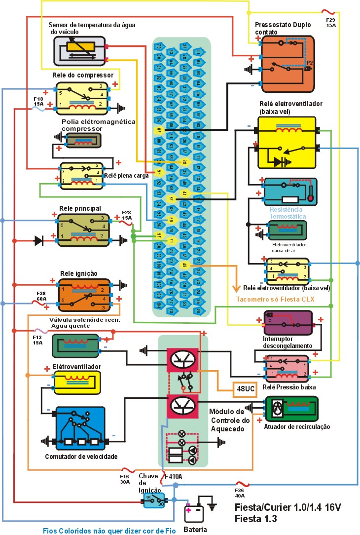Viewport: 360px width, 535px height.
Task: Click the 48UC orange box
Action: coord(246,389)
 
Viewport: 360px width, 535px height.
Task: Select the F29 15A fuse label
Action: coord(331,22)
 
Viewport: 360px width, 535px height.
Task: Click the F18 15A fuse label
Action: coord(38,102)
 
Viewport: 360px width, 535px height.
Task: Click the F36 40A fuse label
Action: coord(240,494)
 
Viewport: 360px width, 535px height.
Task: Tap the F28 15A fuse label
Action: coord(126,215)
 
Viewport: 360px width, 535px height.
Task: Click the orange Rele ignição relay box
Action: coord(84,294)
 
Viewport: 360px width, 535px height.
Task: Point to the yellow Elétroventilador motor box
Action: coord(77,382)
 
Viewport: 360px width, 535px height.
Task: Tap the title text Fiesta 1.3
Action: coord(256,519)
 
